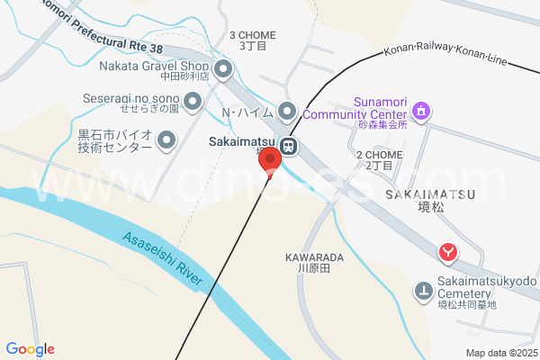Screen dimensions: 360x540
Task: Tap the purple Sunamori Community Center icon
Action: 420,112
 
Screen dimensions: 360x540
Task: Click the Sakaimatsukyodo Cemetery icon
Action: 423,290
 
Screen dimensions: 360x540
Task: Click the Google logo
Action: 30,349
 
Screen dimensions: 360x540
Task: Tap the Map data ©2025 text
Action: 500,353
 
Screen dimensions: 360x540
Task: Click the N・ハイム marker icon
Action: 287,112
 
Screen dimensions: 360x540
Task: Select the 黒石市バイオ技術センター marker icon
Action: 166,139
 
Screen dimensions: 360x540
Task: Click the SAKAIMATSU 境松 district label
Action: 421,201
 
